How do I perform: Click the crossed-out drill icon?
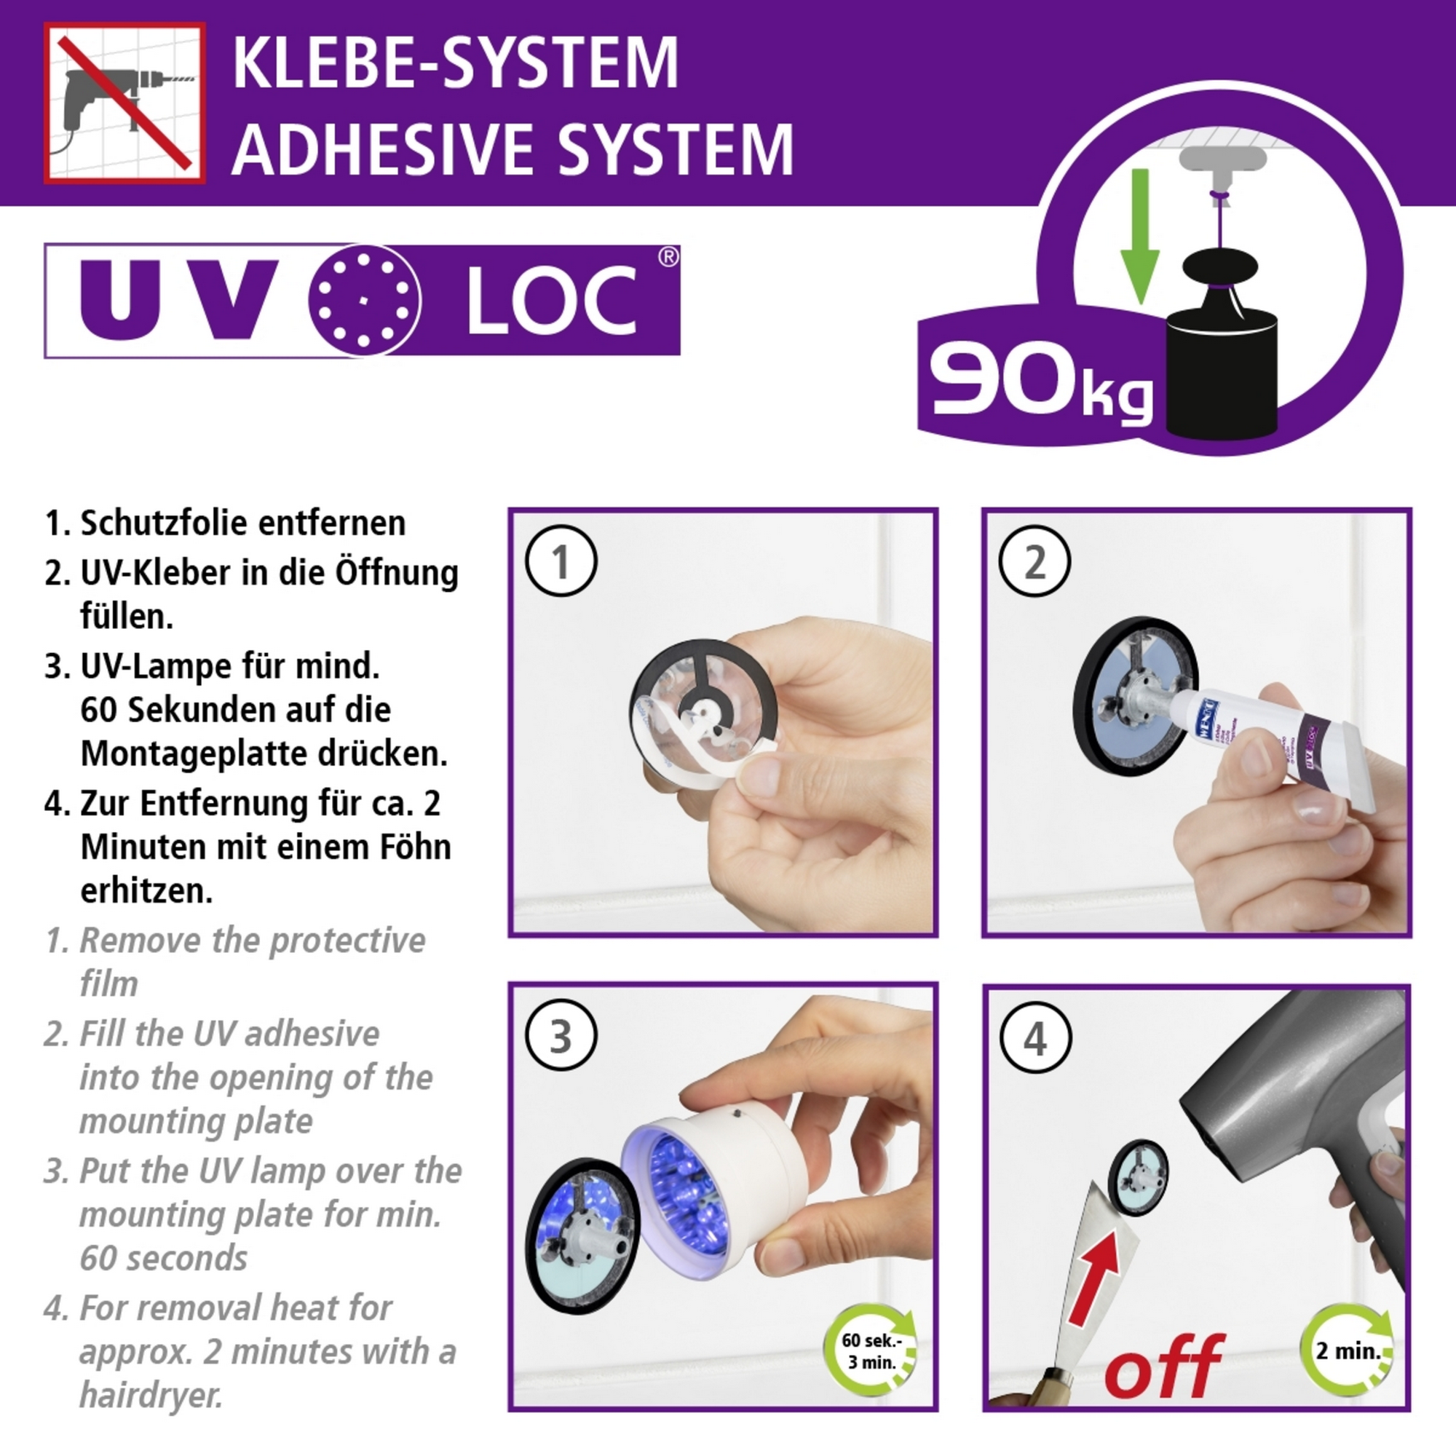tap(124, 103)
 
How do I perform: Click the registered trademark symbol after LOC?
tap(668, 257)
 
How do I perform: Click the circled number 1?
tap(561, 561)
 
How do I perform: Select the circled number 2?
tap(1034, 561)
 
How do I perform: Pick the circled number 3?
tap(561, 1036)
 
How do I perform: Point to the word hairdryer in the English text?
tap(151, 1394)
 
